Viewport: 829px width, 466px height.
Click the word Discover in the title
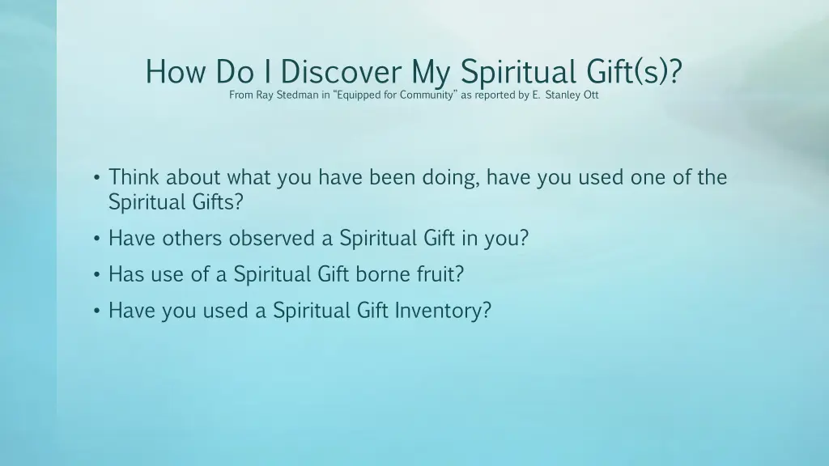tap(341, 73)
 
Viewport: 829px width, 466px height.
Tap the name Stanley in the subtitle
tap(563, 95)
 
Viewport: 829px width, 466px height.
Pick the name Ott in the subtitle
tap(591, 95)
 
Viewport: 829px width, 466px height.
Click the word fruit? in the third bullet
tap(441, 274)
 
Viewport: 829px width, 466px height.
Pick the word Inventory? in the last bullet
tap(443, 311)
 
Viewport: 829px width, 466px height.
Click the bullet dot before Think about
tap(96, 178)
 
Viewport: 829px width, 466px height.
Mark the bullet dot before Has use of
tap(96, 275)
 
